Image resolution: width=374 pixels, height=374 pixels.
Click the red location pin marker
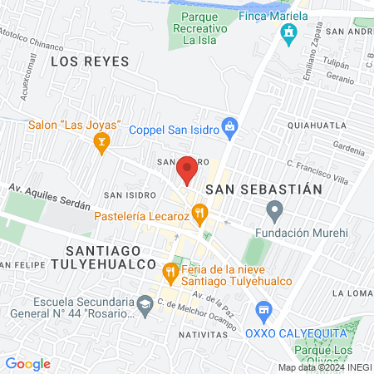click(188, 170)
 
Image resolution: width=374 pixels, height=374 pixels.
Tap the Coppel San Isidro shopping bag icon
click(232, 129)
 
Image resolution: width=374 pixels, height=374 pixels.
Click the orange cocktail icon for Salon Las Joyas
click(101, 145)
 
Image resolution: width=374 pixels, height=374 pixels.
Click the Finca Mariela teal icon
click(289, 35)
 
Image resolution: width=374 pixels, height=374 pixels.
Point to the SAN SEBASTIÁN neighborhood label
click(263, 189)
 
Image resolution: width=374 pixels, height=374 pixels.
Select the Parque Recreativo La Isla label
click(199, 27)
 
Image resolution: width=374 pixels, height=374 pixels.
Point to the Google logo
click(27, 363)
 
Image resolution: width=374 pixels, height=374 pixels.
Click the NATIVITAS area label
click(203, 333)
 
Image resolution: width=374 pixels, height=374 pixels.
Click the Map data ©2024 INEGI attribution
click(323, 367)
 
